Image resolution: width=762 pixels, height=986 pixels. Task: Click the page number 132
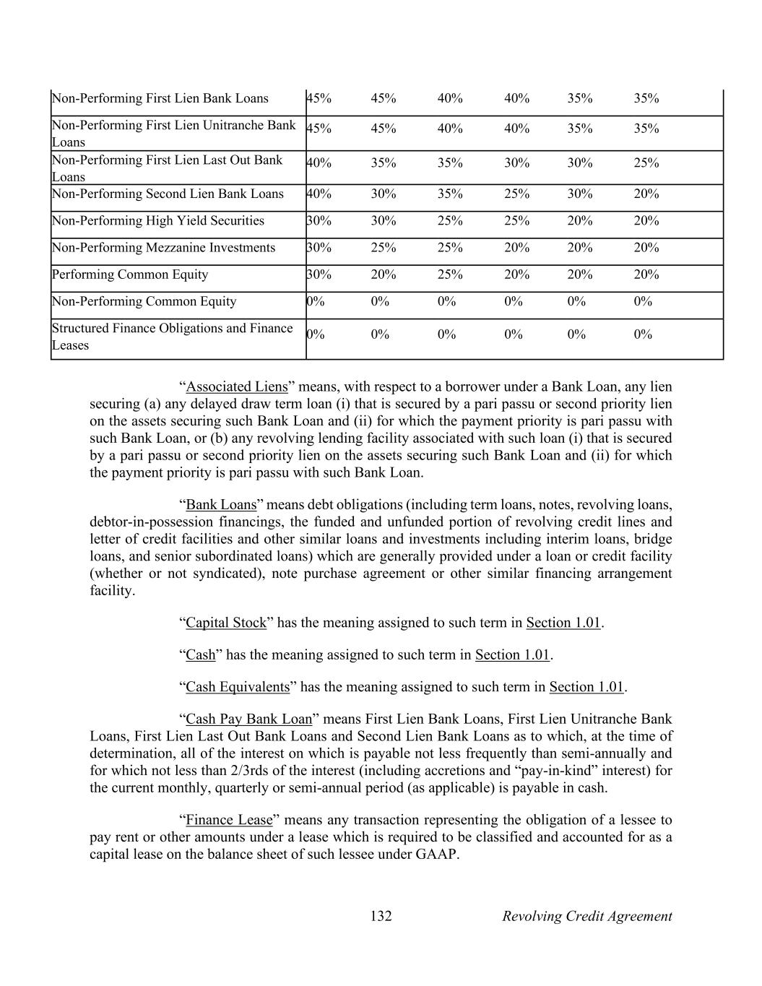[381, 916]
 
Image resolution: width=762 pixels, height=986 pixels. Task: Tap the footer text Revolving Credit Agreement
[586, 916]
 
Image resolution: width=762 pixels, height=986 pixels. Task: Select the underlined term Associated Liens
[237, 386]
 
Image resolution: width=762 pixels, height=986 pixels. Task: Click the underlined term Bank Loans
[221, 504]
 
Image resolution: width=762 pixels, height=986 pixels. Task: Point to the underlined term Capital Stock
[226, 623]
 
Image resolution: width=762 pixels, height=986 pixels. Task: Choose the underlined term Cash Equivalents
[238, 687]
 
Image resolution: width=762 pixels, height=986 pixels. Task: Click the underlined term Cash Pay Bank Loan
[249, 719]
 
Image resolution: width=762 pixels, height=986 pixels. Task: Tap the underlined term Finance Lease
[229, 820]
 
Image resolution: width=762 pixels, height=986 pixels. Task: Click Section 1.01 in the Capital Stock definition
[563, 623]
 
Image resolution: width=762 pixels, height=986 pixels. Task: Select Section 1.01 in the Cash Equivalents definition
[586, 687]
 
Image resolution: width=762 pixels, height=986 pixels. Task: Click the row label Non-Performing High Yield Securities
[158, 221]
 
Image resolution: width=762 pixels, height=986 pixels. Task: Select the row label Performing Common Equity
[130, 274]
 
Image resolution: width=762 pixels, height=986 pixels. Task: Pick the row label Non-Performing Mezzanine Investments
[163, 248]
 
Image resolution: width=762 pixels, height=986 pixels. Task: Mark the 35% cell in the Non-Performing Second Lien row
[450, 194]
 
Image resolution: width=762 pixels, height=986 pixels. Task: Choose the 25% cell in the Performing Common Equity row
[450, 274]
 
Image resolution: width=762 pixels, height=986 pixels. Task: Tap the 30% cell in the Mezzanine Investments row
[319, 248]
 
